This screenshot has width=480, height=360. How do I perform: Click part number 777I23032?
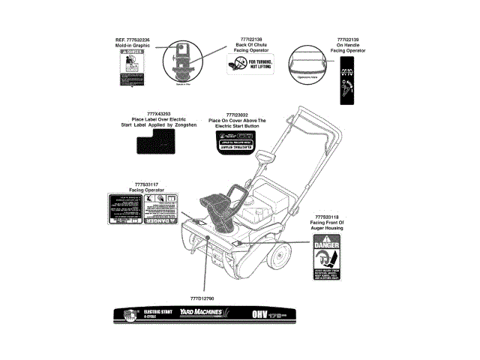coord(236,114)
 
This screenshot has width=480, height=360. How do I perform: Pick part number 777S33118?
coord(326,217)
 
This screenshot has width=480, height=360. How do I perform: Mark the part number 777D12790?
coord(202,298)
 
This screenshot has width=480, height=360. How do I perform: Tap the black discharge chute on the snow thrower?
coord(218,209)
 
